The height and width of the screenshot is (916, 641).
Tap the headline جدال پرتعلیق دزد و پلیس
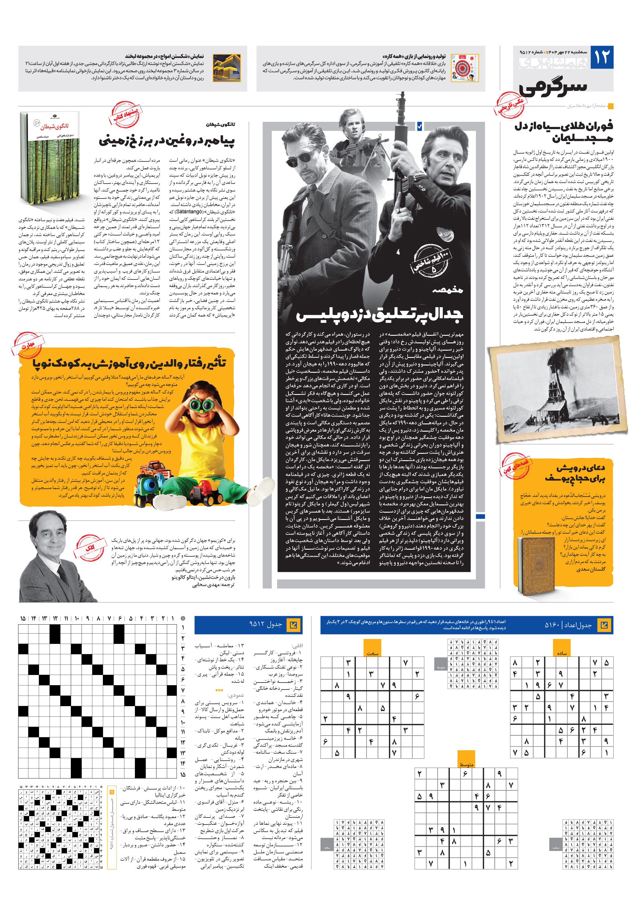pos(379,314)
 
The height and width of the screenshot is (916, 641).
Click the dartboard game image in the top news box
pos(465,68)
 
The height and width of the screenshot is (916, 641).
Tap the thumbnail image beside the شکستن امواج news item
pos(227,68)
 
